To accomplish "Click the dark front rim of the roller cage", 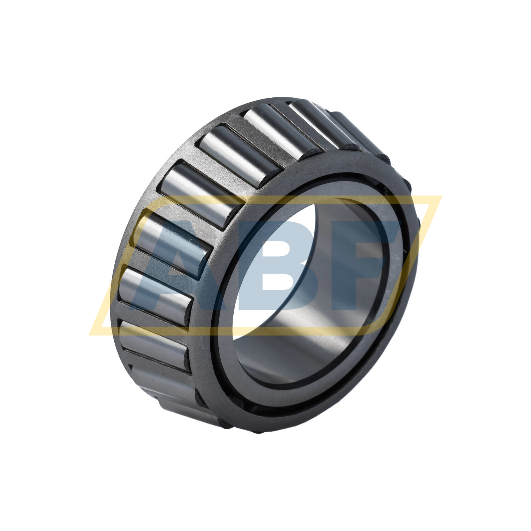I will [205, 354].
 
